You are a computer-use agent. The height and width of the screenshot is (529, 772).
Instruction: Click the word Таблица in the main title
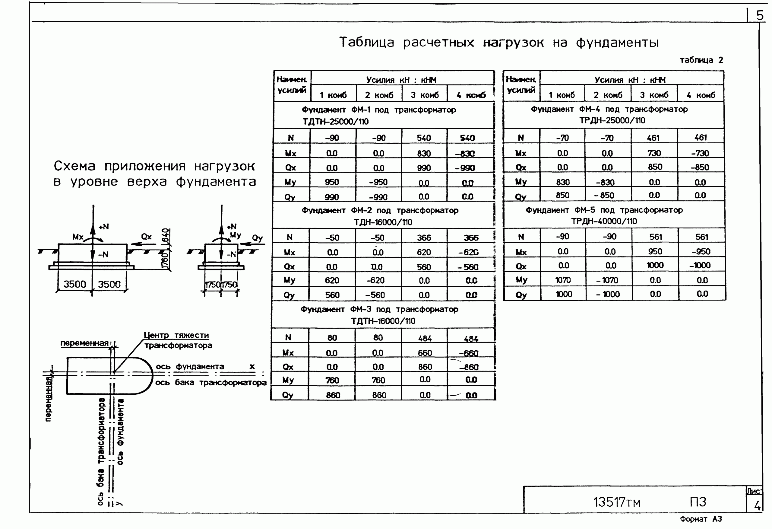click(366, 43)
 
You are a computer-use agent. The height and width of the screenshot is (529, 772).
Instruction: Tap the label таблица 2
click(701, 60)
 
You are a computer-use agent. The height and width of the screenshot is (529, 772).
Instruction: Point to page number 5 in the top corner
click(760, 15)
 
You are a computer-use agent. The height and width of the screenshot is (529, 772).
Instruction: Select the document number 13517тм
click(616, 502)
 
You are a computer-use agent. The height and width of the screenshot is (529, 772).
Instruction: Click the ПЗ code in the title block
click(698, 502)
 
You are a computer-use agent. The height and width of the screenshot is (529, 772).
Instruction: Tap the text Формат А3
click(701, 519)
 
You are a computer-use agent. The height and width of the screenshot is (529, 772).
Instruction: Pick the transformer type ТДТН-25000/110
click(336, 122)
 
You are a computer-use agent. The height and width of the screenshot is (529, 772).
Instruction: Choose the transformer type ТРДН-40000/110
click(604, 221)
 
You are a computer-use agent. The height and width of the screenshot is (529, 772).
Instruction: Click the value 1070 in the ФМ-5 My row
click(563, 280)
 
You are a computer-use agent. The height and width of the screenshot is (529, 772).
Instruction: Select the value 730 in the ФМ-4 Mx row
click(654, 153)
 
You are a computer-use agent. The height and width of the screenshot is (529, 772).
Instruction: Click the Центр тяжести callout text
click(176, 336)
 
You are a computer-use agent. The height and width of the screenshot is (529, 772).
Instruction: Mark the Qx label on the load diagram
click(146, 237)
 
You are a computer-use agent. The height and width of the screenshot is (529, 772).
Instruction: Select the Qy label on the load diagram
click(257, 238)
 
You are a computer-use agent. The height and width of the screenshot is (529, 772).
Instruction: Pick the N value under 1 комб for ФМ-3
click(332, 338)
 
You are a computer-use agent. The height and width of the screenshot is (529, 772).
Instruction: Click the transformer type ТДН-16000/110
click(383, 222)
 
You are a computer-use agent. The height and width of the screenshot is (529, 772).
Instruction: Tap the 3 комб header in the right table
click(654, 95)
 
